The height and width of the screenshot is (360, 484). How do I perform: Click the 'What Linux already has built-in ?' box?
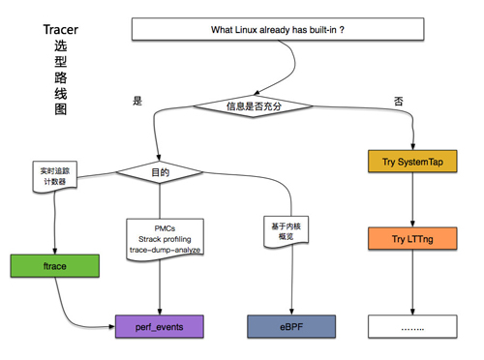[x=277, y=30]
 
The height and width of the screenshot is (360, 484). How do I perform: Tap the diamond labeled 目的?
[x=159, y=172]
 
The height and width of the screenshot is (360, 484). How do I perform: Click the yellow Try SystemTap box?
[x=413, y=160]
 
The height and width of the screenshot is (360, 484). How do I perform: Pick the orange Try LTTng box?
[x=413, y=238]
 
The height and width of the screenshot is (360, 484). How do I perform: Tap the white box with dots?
[x=413, y=328]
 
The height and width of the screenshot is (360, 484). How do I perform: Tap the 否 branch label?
[x=398, y=101]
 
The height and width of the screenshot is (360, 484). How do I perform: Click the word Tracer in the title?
[x=60, y=30]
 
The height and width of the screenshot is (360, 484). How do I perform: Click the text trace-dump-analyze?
[x=164, y=251]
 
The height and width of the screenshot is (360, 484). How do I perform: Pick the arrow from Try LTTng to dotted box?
[x=413, y=283]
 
